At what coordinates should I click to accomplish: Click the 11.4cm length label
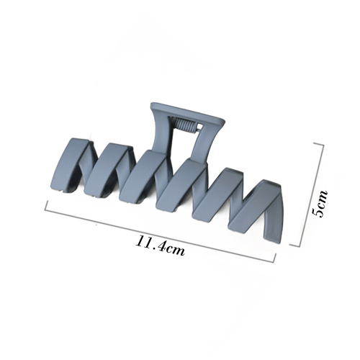point(161,245)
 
